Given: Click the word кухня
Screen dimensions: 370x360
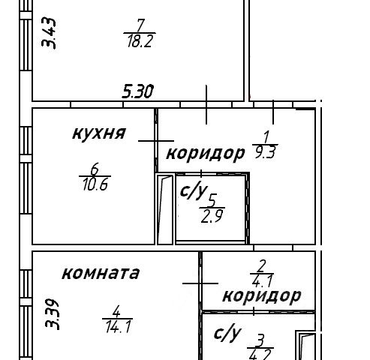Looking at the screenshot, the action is point(99,133).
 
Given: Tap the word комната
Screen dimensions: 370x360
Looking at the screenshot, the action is point(101,273).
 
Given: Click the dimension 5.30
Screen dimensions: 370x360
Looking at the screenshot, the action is point(137,91).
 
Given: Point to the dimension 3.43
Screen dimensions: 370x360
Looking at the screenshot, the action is point(49,33).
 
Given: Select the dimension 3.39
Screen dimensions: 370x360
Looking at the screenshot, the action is point(52,314).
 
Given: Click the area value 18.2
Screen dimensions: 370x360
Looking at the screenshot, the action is point(140,41).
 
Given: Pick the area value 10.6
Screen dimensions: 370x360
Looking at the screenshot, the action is point(95,184).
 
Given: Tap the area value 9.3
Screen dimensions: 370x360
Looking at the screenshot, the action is point(265,152).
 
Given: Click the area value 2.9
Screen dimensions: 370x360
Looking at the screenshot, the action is point(212,216).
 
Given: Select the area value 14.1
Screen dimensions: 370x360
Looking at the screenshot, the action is point(118,327).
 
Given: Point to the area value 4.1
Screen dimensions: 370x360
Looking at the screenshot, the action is point(262,281).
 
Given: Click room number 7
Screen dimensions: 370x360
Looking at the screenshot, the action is point(140,25).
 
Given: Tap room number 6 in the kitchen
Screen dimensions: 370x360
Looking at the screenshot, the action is point(95,169).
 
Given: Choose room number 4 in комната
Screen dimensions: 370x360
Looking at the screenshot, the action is point(116,311).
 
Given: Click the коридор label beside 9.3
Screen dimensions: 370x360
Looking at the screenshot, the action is point(206,153).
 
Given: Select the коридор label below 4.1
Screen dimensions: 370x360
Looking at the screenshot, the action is point(262,295).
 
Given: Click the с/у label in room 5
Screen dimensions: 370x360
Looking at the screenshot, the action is point(194,190).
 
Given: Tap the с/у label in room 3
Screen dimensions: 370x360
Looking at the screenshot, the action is point(227,332).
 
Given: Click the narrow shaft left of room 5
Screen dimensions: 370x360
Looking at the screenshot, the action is point(165,209).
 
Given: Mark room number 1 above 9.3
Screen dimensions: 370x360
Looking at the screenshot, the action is point(266,137).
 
